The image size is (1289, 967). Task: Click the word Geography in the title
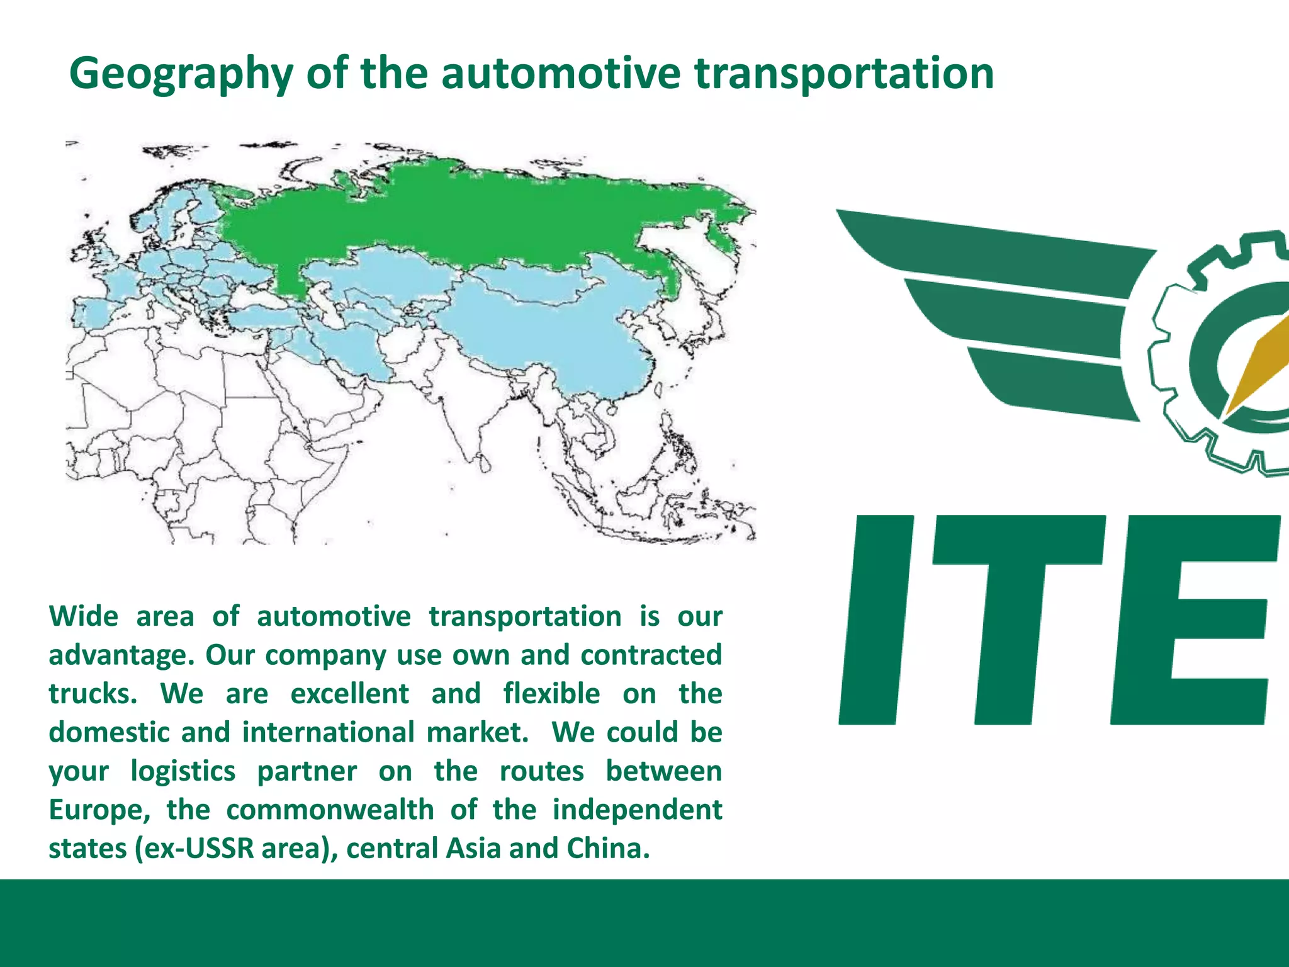(x=181, y=74)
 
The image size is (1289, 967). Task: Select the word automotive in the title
(x=560, y=73)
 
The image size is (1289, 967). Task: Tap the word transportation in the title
(x=843, y=74)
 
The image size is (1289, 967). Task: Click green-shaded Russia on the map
(x=478, y=214)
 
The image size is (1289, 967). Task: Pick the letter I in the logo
(x=875, y=620)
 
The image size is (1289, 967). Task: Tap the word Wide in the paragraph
(x=84, y=616)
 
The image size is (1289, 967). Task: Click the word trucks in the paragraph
(x=93, y=694)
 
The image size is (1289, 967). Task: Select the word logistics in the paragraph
(x=183, y=772)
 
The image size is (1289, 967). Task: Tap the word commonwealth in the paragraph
(x=330, y=810)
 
